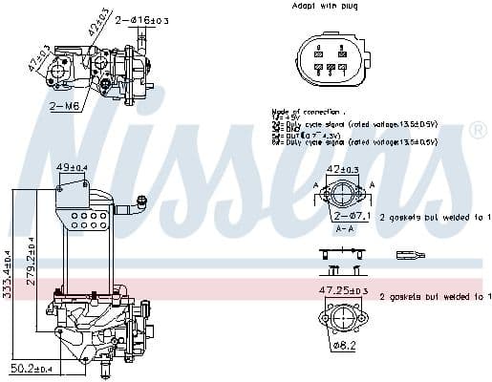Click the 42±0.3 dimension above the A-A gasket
tap(343, 169)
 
